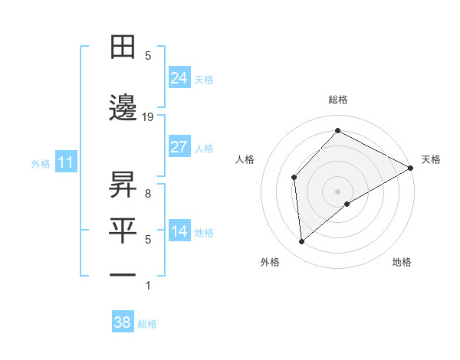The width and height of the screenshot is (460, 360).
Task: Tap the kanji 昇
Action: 123,185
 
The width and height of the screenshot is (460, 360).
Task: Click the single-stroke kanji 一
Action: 123,274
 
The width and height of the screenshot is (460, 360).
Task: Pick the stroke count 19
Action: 148,116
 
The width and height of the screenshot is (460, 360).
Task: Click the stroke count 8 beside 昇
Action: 148,193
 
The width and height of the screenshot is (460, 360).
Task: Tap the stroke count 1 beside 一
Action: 148,286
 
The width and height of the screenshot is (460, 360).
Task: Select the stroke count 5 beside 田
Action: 148,56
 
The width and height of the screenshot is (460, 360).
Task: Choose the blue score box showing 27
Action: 179,147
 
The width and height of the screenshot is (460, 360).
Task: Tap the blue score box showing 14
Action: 179,231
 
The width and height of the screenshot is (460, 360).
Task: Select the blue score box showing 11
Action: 65,162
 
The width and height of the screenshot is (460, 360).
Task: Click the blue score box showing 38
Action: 122,322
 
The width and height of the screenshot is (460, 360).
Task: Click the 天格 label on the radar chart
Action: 431,159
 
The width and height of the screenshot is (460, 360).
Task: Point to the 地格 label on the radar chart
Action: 402,262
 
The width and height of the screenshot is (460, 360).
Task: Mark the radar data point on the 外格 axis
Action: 302,242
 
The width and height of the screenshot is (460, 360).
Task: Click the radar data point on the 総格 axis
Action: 337,130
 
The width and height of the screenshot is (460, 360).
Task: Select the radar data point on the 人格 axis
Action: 294,178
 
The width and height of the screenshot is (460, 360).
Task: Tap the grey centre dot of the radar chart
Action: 337,191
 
